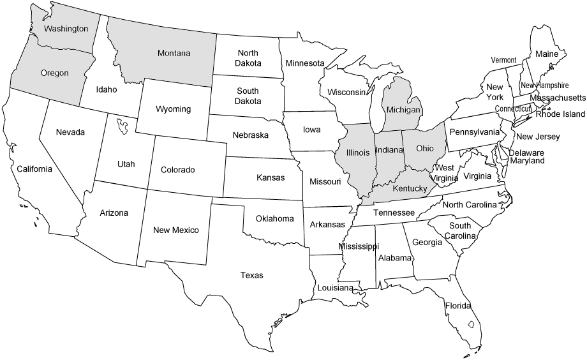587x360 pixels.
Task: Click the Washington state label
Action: click(x=66, y=29)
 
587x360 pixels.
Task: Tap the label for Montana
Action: click(x=174, y=53)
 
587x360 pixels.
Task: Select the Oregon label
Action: click(x=54, y=73)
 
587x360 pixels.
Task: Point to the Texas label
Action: click(x=251, y=275)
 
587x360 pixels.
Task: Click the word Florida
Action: click(x=458, y=305)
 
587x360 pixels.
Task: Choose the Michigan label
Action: click(x=403, y=110)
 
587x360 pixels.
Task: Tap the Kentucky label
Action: click(x=410, y=189)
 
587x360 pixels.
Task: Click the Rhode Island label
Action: click(x=560, y=114)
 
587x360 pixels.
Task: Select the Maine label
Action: click(x=546, y=54)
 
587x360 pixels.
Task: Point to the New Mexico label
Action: click(x=176, y=230)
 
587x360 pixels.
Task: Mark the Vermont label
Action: click(x=503, y=60)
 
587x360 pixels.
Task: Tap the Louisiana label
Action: click(x=335, y=288)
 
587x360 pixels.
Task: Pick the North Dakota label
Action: click(x=248, y=59)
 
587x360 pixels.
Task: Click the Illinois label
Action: click(x=357, y=153)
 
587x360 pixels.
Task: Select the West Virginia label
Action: click(x=445, y=173)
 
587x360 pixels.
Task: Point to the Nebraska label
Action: click(x=249, y=136)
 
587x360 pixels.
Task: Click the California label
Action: click(x=34, y=169)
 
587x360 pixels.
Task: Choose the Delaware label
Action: click(x=526, y=153)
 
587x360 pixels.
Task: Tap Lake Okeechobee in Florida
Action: click(x=472, y=324)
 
